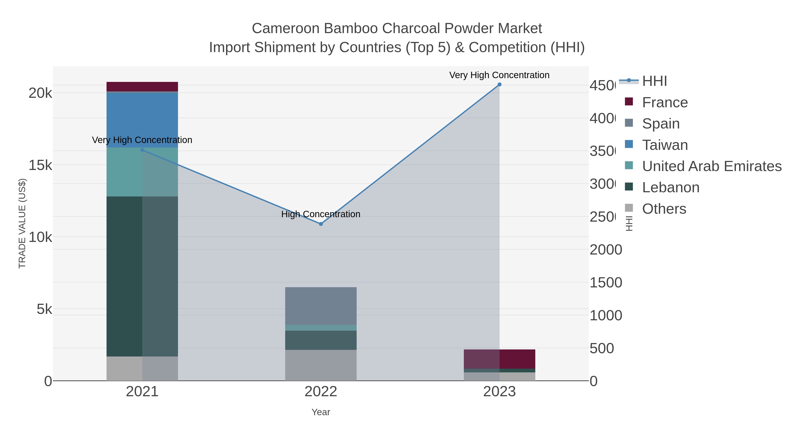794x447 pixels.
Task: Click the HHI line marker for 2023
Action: point(499,85)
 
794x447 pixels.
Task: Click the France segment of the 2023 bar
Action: point(499,359)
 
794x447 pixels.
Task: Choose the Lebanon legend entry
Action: point(670,188)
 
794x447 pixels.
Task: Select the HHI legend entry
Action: point(654,81)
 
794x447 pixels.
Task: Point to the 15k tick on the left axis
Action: point(40,165)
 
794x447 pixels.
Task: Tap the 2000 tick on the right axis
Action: point(606,250)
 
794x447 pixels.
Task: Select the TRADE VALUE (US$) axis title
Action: point(22,223)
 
